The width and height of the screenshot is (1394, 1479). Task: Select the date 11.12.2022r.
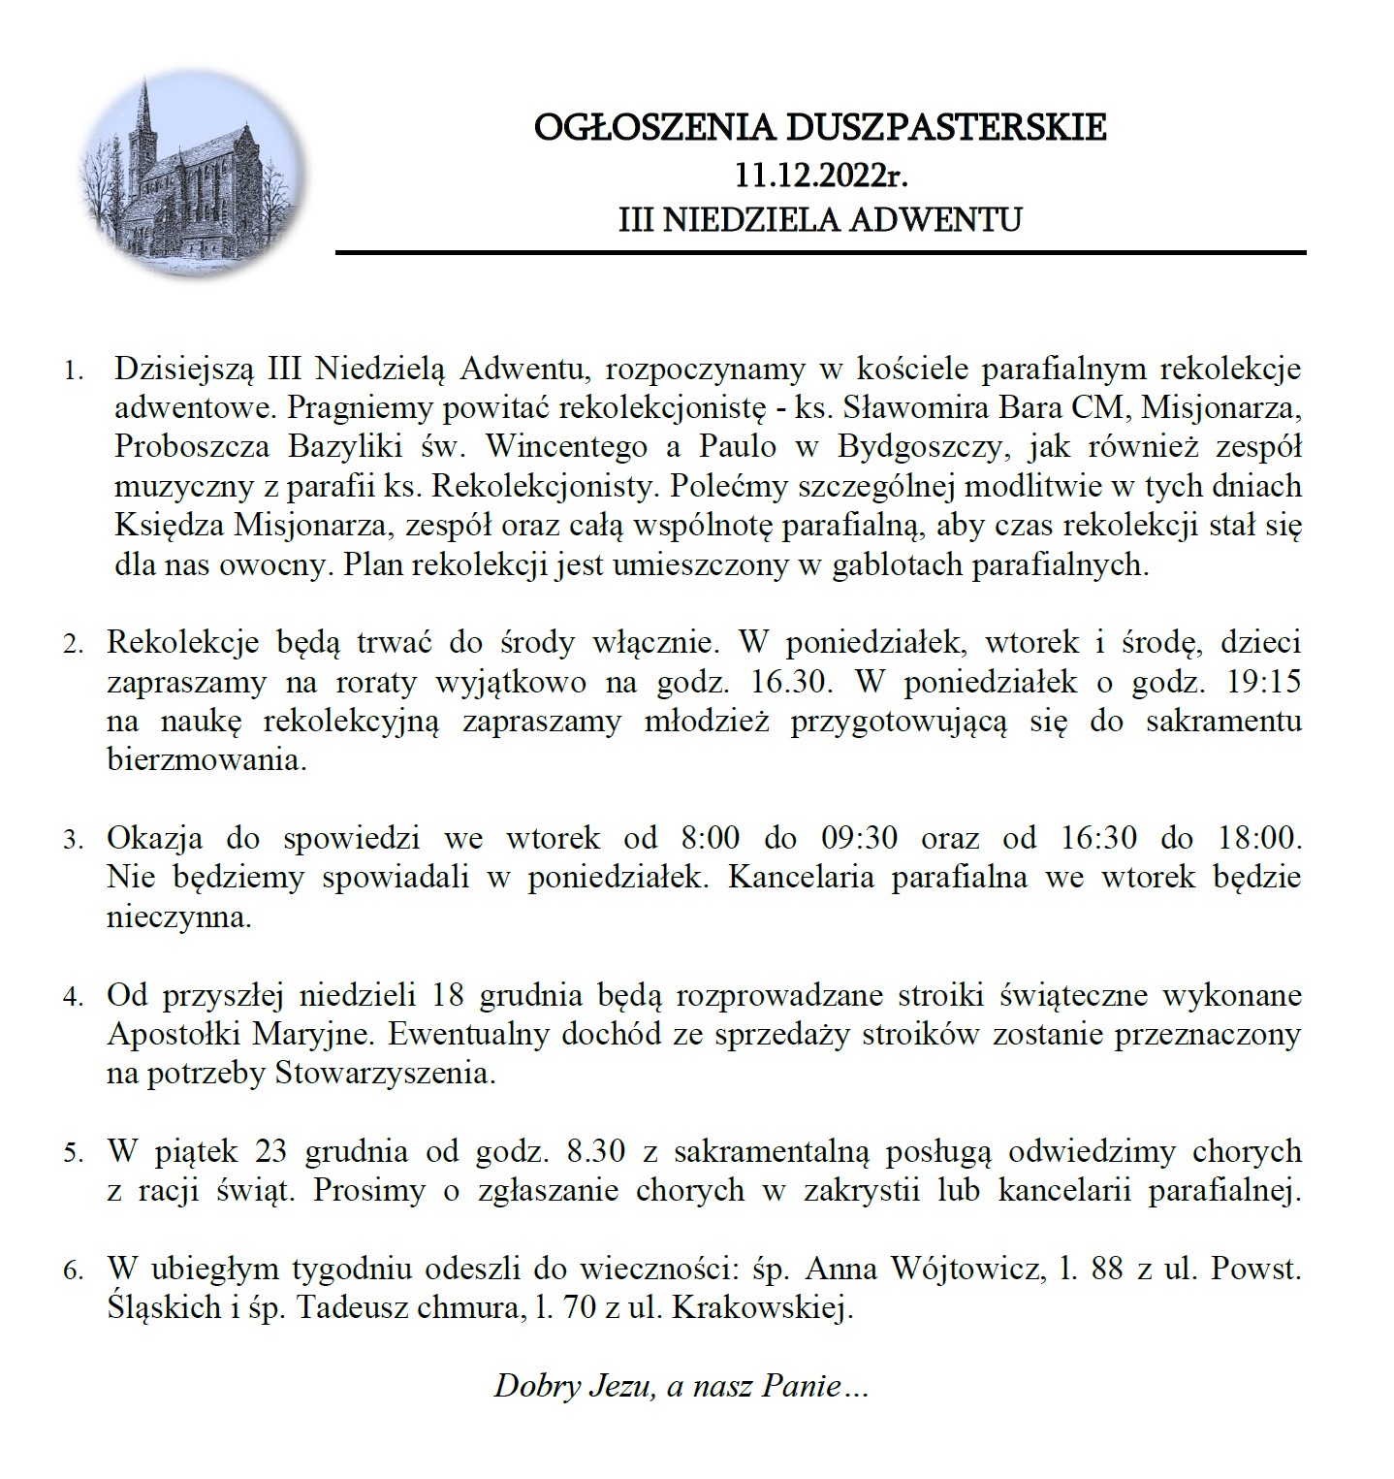[x=820, y=176]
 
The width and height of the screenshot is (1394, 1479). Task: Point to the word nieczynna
[x=178, y=916]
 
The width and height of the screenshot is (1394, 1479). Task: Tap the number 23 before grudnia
[x=271, y=1151]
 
